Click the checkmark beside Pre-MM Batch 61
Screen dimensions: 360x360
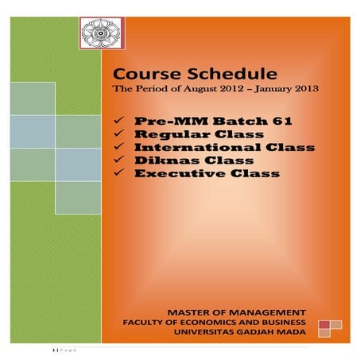click(x=118, y=121)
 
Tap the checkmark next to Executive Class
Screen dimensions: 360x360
click(x=118, y=173)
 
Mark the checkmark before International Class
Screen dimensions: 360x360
click(x=118, y=148)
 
